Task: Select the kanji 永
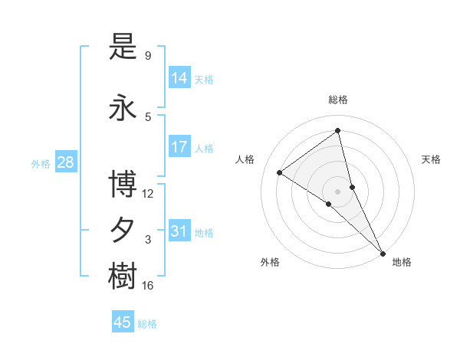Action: click(123, 108)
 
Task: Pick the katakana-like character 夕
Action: click(123, 230)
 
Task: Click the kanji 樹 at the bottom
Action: click(123, 277)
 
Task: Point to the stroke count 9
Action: click(148, 56)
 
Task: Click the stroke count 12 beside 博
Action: click(148, 194)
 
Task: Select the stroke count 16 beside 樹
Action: click(148, 286)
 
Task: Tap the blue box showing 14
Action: click(179, 77)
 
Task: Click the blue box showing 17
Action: click(179, 146)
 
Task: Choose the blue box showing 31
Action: click(179, 231)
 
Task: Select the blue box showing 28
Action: click(65, 162)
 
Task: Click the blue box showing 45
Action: click(123, 322)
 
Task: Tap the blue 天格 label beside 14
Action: click(204, 79)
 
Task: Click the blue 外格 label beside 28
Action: click(40, 163)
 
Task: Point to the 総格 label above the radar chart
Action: click(338, 100)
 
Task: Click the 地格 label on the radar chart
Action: click(402, 263)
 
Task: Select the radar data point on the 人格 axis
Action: click(280, 172)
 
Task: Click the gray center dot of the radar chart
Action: click(337, 191)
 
